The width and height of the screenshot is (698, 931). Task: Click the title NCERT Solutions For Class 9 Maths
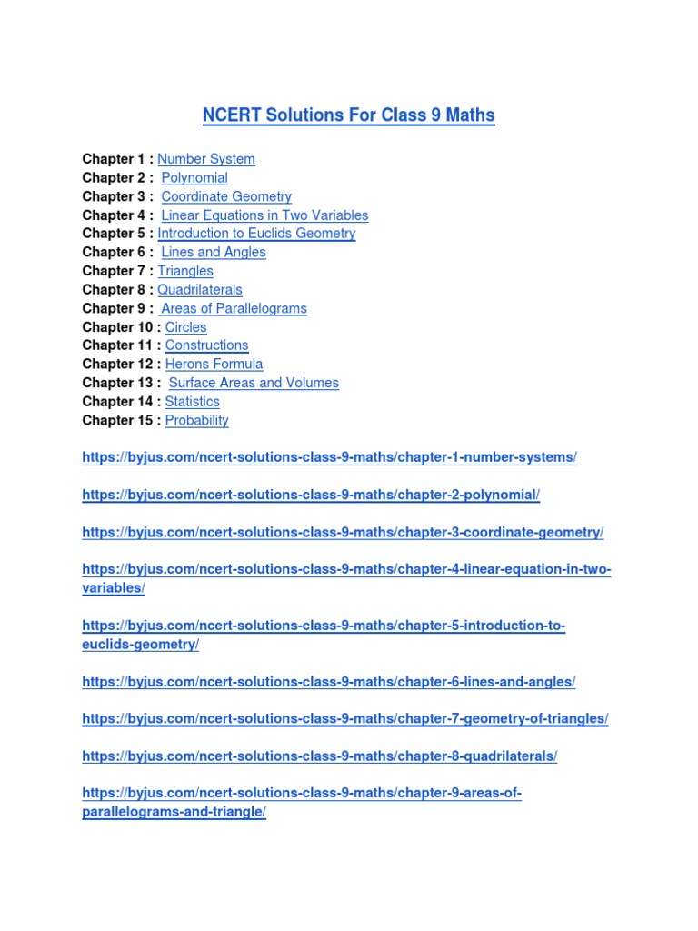point(349,115)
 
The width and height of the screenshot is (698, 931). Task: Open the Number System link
point(206,159)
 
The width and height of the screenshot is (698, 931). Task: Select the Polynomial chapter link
point(194,178)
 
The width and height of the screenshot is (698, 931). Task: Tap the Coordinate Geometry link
point(226,196)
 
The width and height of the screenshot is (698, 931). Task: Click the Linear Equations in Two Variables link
point(264,215)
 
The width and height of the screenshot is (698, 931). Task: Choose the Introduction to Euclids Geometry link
point(257,234)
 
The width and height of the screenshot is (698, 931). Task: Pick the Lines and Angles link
point(214,253)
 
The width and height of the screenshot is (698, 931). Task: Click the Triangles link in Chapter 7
point(185,271)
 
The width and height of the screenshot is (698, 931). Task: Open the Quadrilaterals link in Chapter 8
point(200,290)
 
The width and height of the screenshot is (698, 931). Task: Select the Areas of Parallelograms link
point(234,308)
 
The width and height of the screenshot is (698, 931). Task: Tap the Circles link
point(186,327)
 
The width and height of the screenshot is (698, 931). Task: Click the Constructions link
point(207,345)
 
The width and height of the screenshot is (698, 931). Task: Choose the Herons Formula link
point(214,365)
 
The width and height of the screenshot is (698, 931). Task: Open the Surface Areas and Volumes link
point(254,383)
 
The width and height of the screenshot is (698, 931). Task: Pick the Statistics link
point(193,402)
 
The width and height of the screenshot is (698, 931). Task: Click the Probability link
point(197,420)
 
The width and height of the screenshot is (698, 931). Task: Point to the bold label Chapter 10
point(118,327)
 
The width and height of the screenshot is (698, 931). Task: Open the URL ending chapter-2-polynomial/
point(311,495)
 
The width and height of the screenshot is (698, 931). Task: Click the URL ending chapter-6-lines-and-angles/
point(329,681)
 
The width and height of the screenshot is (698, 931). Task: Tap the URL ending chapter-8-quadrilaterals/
point(320,756)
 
